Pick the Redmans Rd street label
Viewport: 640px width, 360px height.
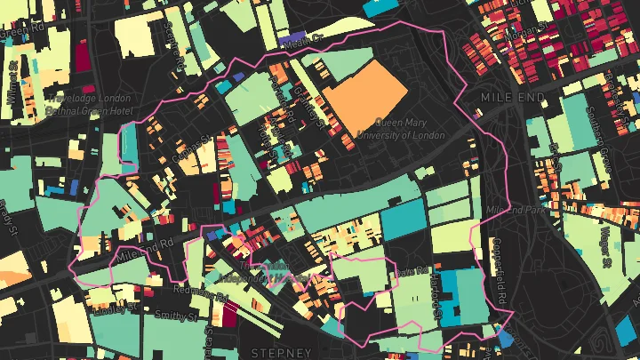pyautogui.click(x=200, y=293)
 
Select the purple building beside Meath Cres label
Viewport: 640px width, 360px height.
pyautogui.click(x=291, y=40)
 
